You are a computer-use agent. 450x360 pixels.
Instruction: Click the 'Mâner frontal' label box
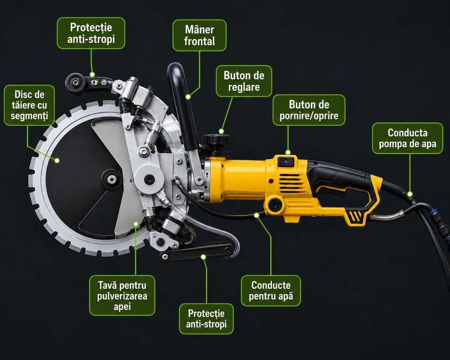point(200,35)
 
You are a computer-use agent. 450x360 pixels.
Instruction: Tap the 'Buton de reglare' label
point(244,81)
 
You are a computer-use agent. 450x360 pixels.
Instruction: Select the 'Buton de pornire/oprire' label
point(309,110)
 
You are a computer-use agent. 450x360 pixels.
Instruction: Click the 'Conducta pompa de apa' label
point(407,138)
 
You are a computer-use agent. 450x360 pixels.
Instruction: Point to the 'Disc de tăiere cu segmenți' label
point(29,105)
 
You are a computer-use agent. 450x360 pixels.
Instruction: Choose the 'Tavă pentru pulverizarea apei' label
point(122,295)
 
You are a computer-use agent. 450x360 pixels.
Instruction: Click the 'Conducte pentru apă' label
point(271,291)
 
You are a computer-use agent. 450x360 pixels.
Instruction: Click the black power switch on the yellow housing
point(286,162)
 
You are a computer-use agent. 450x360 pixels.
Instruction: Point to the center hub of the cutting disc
point(111,179)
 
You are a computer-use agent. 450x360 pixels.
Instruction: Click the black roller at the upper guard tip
point(75,83)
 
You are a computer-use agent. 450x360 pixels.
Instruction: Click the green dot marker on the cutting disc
point(57,160)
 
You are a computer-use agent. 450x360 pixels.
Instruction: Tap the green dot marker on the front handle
point(188,97)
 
